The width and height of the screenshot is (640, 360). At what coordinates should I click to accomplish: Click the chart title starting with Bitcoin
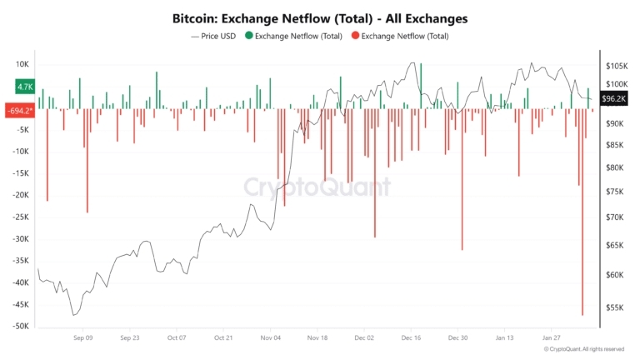pos(319,17)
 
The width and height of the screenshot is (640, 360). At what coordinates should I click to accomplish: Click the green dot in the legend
pos(248,36)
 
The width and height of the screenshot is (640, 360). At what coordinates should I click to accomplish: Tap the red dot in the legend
pos(356,36)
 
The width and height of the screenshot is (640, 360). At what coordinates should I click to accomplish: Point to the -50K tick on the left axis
pos(19,327)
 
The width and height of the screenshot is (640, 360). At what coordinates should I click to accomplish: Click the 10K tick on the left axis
pos(22,64)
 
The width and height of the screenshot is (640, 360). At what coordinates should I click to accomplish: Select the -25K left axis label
pos(19,217)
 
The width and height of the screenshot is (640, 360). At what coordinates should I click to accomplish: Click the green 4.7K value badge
pos(24,87)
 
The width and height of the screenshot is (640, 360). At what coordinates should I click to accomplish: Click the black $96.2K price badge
pos(614,98)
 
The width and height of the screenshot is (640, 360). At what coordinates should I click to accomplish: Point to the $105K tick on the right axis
pos(617,66)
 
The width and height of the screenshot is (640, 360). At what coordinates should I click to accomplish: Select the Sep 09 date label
pos(83,338)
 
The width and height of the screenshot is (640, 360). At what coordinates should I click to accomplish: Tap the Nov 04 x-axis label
pos(270,338)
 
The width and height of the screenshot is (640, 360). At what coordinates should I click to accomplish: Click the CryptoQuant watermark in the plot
pos(317,187)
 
